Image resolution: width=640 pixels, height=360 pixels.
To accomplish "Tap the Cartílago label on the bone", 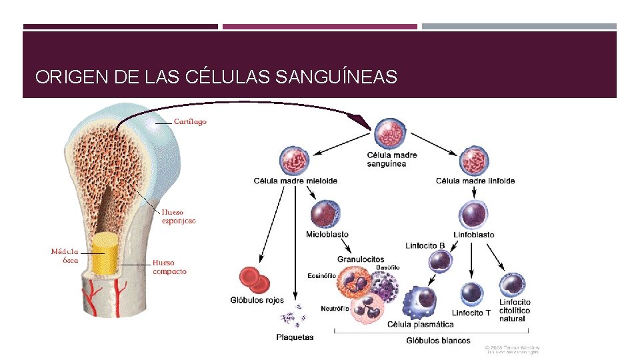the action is coord(190,121).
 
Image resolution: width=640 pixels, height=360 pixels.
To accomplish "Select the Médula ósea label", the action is coord(65,256).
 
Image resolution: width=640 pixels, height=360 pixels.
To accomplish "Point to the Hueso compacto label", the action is coord(169,267).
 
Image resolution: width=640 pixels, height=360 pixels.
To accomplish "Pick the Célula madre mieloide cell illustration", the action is coord(295,161).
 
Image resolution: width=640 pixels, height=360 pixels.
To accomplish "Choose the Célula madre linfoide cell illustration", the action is coord(474,161).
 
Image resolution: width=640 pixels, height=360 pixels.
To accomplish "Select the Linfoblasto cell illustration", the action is coord(474,215).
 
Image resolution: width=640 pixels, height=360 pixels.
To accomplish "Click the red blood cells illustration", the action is coord(254,280).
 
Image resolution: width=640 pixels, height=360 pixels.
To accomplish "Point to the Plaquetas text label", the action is coord(295,337).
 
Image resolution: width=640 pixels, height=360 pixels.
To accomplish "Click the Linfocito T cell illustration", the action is coord(472,294).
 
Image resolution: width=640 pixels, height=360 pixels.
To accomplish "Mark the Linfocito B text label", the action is coord(425,245).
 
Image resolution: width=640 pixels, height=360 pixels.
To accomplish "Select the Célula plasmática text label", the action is coord(420,325).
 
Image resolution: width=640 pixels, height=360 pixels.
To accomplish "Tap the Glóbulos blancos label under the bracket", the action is coord(438,341).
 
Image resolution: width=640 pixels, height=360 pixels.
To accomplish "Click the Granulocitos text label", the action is coord(361,259).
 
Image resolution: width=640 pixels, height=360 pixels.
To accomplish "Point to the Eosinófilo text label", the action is coord(321,276).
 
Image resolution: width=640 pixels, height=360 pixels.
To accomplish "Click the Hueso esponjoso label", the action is coord(179,217).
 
